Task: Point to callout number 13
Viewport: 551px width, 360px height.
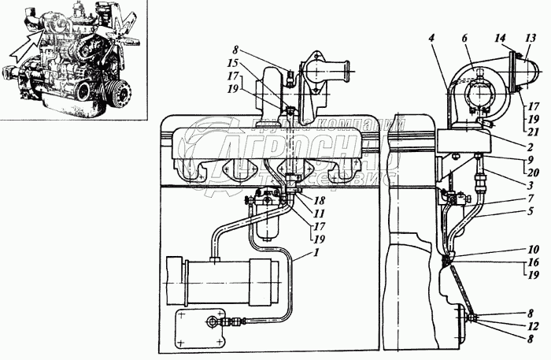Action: (531, 37)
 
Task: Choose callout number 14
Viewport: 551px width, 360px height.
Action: (501, 38)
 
